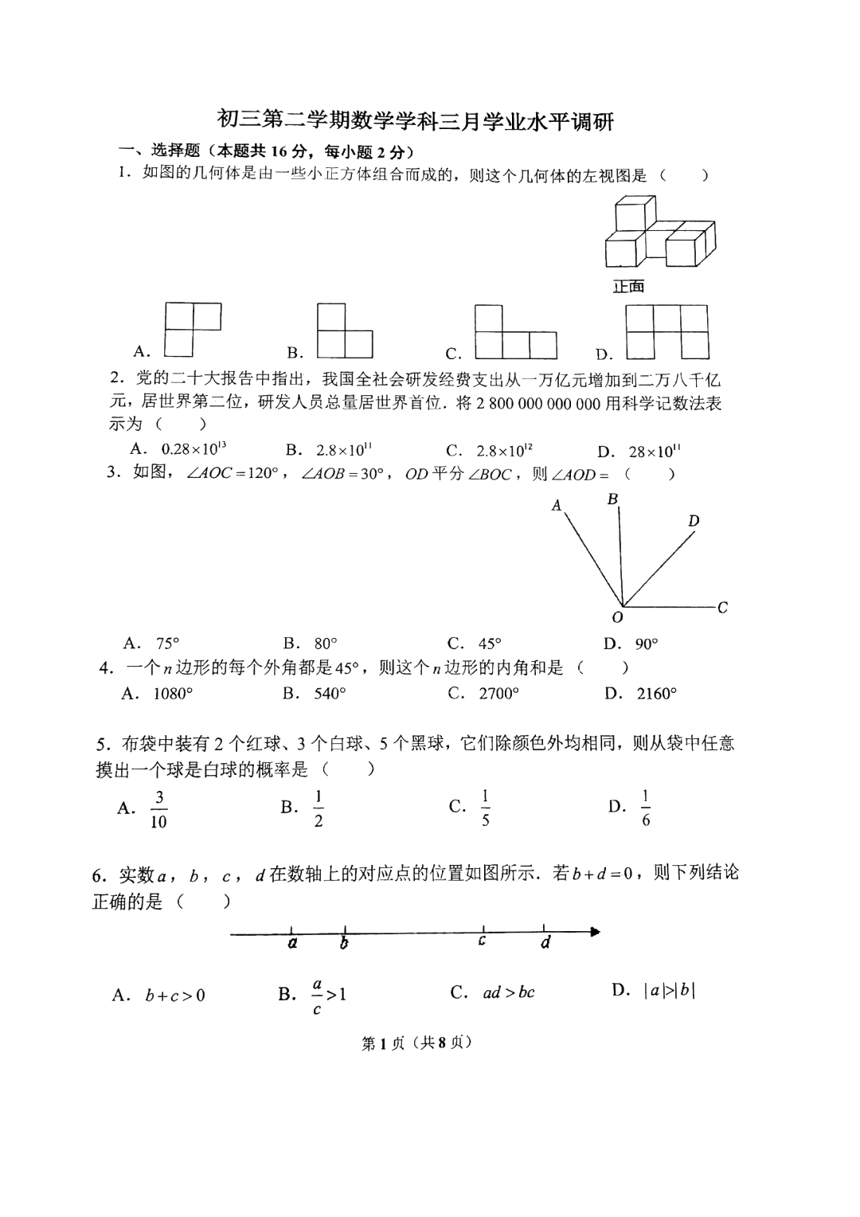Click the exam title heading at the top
point(416,122)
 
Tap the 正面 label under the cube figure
point(628,287)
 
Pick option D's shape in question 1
point(666,331)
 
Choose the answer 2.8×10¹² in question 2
point(504,451)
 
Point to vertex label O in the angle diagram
point(617,617)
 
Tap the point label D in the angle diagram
point(694,521)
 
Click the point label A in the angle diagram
point(557,505)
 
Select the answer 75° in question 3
point(167,644)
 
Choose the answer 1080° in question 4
point(173,694)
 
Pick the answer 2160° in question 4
point(656,694)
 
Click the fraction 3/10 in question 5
point(158,809)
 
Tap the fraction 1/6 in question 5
point(645,808)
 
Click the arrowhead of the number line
point(594,931)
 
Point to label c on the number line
point(483,941)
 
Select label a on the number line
point(292,943)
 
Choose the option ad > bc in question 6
point(508,992)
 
